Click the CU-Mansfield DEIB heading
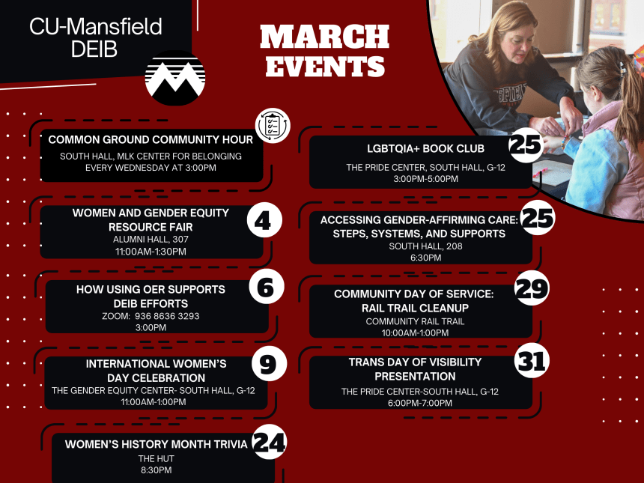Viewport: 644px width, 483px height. [95, 37]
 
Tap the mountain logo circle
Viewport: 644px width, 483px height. [175, 78]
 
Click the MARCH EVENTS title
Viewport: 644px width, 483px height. [324, 50]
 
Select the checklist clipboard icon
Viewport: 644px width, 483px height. [273, 125]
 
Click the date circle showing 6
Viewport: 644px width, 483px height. [267, 286]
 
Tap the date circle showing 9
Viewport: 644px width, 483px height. [267, 364]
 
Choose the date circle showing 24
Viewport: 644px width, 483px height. [270, 442]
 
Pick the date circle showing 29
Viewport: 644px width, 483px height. [532, 289]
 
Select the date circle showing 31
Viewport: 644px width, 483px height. [532, 361]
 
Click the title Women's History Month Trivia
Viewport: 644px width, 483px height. [156, 444]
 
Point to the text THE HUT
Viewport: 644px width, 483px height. [155, 458]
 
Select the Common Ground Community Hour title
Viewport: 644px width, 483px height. [151, 139]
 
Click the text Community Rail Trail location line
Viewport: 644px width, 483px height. [415, 321]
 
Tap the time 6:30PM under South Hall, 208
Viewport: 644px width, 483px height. [425, 258]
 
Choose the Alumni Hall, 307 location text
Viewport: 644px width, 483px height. [151, 240]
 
